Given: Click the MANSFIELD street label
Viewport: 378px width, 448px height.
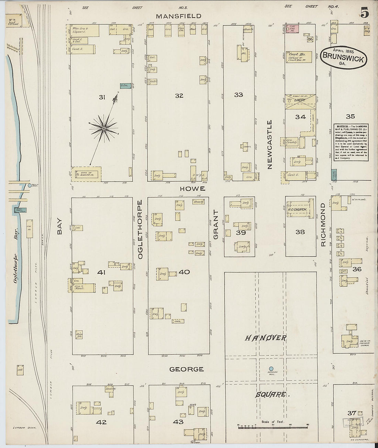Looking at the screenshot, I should tap(178, 16).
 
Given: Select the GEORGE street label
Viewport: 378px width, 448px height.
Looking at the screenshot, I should tap(187, 369).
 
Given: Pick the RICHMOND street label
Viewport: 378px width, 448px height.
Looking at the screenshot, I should tap(323, 225).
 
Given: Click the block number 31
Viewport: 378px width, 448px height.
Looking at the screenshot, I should tap(102, 97).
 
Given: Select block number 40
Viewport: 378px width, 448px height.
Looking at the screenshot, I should tap(184, 272).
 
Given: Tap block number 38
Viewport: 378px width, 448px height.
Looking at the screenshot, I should tap(300, 232).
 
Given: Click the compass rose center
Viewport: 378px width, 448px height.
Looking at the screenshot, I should tap(103, 128).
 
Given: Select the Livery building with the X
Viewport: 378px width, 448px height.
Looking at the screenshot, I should tap(300, 102).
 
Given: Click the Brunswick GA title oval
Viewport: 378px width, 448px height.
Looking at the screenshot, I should tap(344, 58).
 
